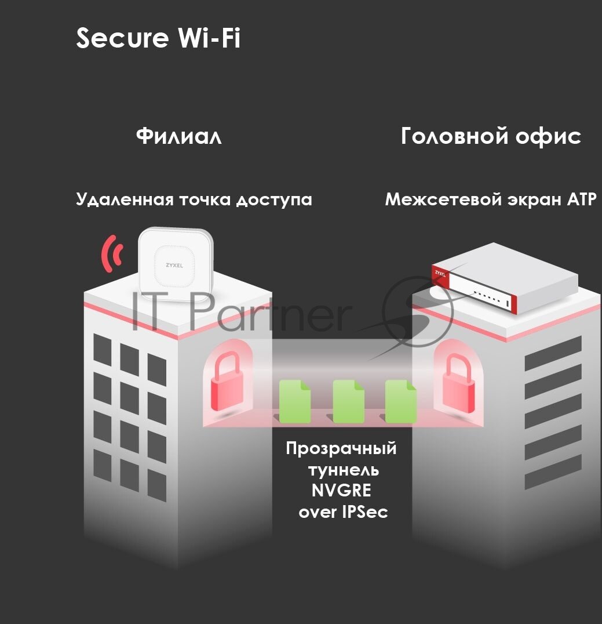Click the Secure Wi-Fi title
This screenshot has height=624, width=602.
[158, 39]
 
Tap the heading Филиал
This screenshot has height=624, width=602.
[179, 137]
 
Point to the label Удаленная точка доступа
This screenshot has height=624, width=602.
[194, 200]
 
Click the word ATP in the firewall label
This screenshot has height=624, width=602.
[580, 200]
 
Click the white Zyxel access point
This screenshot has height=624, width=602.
[177, 260]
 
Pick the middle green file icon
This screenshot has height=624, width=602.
[349, 401]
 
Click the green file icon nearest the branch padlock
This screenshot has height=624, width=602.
[295, 401]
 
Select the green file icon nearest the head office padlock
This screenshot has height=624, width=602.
[401, 401]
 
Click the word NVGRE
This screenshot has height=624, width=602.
[342, 491]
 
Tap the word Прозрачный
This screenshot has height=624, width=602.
[342, 448]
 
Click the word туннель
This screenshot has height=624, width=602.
[342, 469]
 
